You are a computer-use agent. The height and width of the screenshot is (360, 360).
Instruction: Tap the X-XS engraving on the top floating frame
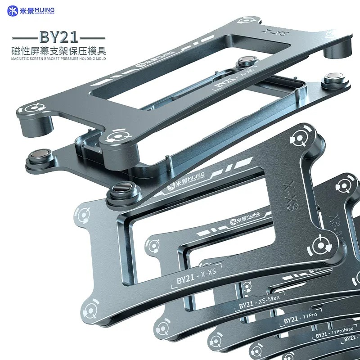269,32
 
